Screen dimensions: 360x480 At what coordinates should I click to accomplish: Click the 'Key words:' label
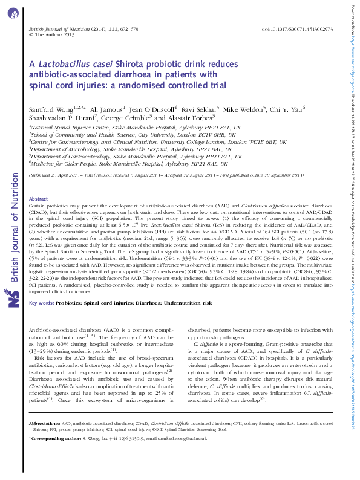(x=41, y=286)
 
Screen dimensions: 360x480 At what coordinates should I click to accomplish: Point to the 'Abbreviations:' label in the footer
(x=45, y=425)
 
